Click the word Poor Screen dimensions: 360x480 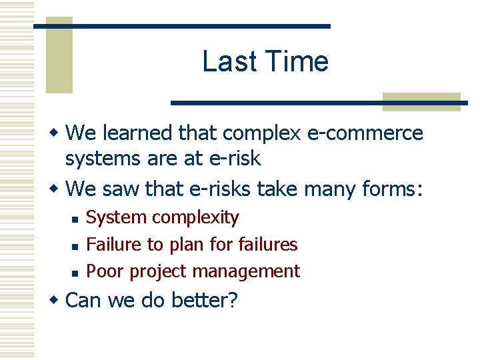(x=105, y=271)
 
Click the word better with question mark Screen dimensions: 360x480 (x=204, y=300)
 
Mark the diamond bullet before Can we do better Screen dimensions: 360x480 (x=55, y=300)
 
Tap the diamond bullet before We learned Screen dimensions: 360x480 (x=55, y=133)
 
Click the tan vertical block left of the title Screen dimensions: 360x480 (x=59, y=56)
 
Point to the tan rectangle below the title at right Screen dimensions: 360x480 (x=421, y=101)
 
